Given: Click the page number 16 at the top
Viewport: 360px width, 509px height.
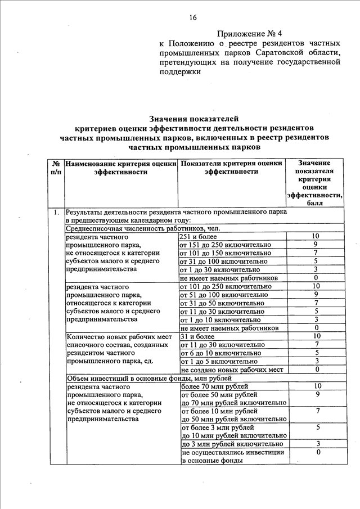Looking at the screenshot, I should pos(193,17).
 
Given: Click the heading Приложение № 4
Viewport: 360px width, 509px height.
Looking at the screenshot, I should pos(250,33).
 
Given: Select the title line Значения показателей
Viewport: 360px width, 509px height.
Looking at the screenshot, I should pos(193,119).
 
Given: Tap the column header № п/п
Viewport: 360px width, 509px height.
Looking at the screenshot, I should pos(56,167).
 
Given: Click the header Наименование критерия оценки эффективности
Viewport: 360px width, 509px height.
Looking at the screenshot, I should pos(121,167).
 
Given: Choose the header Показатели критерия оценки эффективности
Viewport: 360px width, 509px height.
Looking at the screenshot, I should pos(231,167).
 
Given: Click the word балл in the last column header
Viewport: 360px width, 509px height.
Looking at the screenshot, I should pos(314,203).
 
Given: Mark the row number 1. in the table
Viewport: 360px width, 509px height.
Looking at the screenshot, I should pos(56,213).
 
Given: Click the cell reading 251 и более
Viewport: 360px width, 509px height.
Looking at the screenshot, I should pos(199,237).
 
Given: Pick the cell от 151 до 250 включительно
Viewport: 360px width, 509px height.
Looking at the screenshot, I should pos(225,245).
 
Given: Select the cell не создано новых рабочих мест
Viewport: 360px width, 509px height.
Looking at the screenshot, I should pos(231,370).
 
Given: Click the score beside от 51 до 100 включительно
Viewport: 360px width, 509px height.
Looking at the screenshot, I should pos(317,294).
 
